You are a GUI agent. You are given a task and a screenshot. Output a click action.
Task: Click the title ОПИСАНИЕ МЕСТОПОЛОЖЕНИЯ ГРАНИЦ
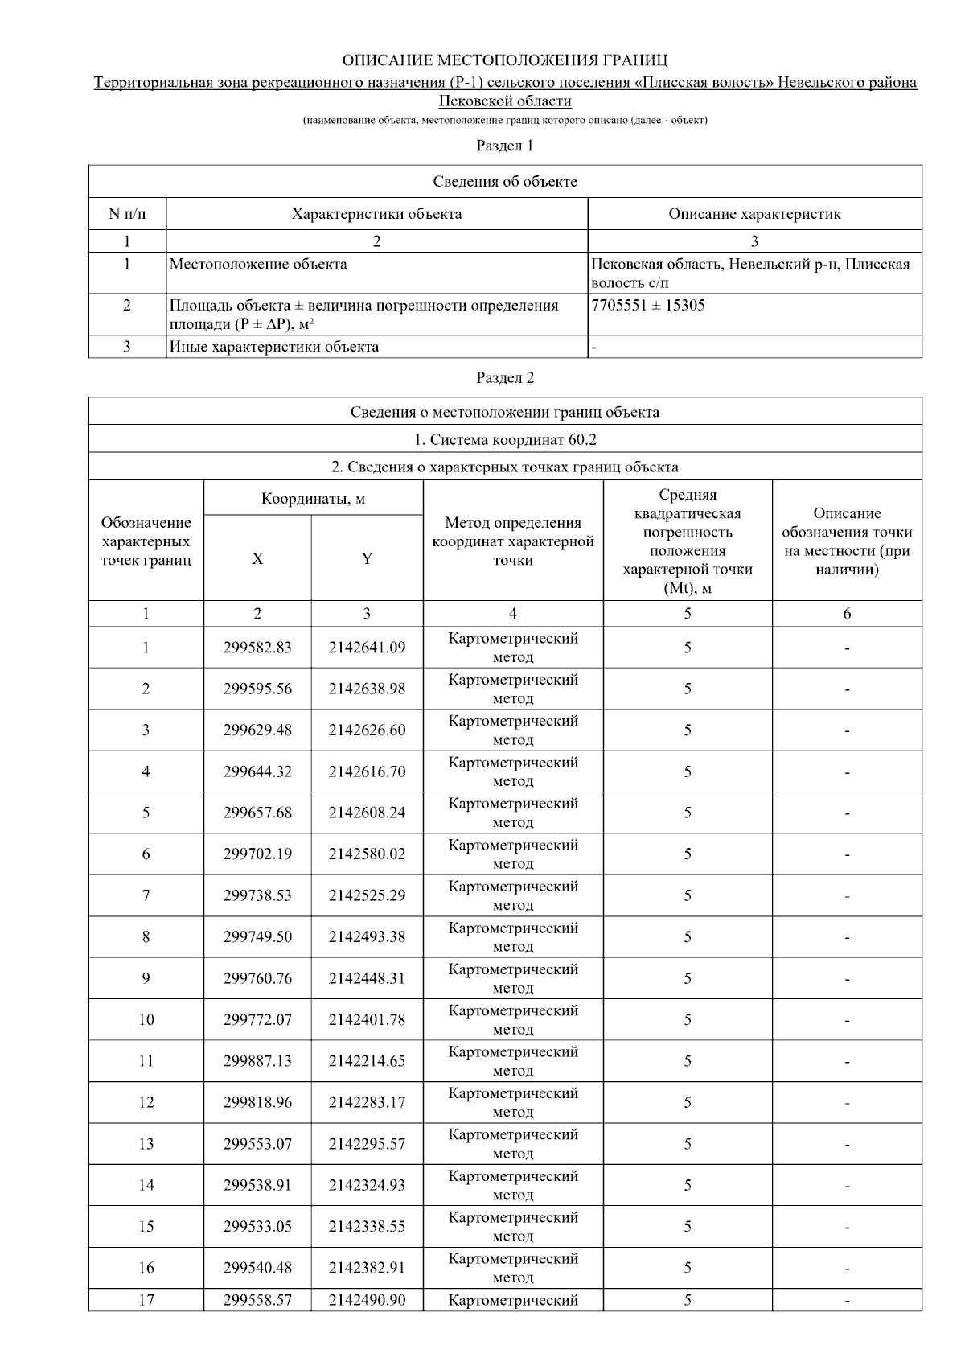coord(504,60)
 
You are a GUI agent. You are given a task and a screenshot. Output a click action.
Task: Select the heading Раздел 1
coord(504,146)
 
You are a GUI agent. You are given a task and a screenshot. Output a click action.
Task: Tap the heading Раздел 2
coord(504,377)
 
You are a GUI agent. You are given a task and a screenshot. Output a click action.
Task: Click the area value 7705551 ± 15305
coord(647,306)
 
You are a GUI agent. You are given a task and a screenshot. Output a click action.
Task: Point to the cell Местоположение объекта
coord(258,264)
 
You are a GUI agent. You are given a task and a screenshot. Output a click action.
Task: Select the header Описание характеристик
coord(754,214)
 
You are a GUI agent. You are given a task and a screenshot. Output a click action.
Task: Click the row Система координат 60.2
coord(504,439)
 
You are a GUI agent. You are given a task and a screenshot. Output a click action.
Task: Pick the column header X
coord(257,558)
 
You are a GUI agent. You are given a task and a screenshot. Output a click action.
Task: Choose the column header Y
coord(367,558)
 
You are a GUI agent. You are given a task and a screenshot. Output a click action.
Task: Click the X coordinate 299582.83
coord(257,648)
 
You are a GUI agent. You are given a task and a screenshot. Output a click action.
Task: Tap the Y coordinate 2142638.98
coord(367,689)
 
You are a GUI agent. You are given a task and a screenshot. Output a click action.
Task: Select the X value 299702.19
coord(257,854)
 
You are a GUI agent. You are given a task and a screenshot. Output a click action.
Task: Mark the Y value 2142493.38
coord(367,936)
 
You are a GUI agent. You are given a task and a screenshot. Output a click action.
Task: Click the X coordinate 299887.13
coord(257,1060)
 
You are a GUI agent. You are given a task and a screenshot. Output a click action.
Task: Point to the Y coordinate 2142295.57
coord(367,1143)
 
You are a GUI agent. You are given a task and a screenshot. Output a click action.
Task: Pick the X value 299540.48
coord(257,1267)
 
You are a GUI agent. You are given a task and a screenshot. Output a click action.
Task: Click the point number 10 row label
coord(146,1019)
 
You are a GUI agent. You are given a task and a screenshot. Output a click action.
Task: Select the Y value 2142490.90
coord(367,1300)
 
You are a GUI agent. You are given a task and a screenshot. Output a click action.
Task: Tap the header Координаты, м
coord(313,499)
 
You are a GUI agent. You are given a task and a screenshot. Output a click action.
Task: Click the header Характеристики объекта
coord(376,214)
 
